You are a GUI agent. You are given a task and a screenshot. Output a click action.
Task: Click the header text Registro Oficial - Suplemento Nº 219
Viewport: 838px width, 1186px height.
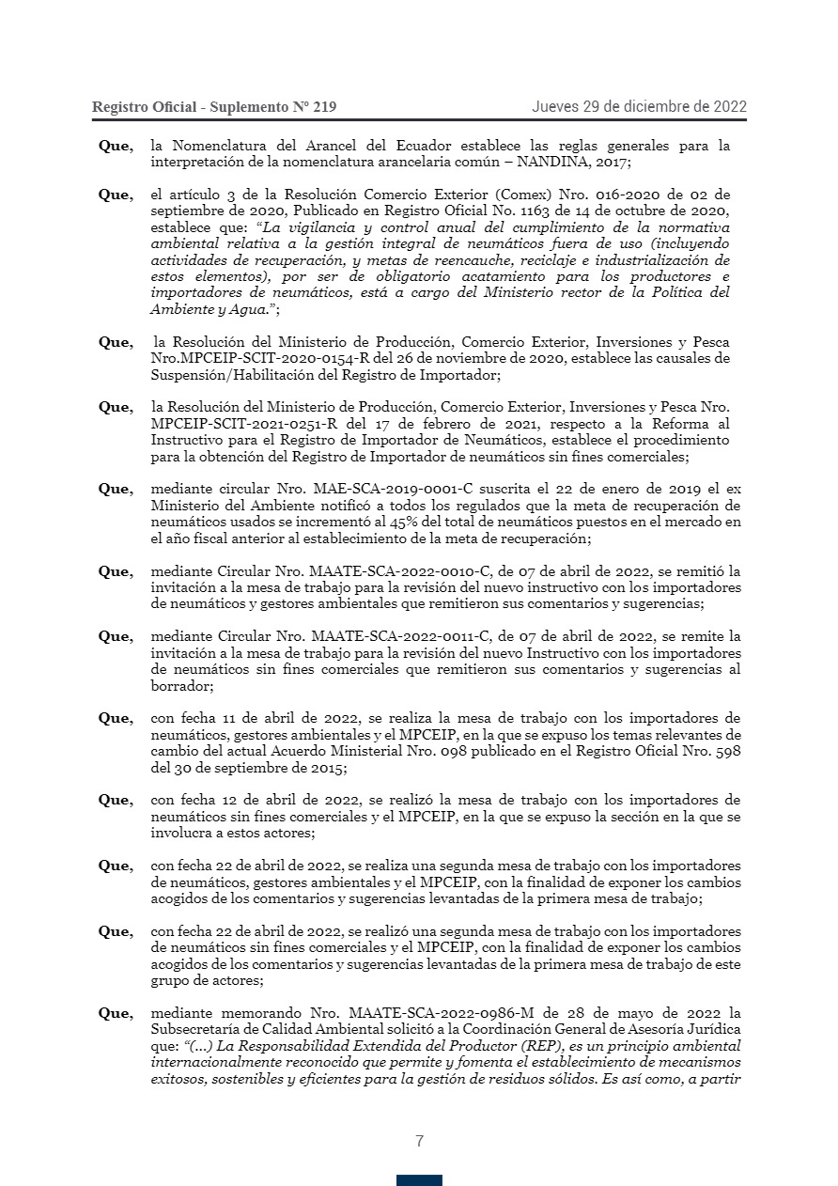pos(213,107)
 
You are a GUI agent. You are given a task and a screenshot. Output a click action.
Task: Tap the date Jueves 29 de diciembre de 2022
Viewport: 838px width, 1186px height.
pos(639,106)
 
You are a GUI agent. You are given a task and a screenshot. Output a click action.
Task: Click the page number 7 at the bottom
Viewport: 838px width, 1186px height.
pos(419,1142)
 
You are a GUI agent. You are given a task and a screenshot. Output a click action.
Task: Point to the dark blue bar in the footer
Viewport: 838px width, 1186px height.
pos(419,1179)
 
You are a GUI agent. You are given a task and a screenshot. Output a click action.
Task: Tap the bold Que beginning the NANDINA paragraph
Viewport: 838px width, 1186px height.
pos(115,146)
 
